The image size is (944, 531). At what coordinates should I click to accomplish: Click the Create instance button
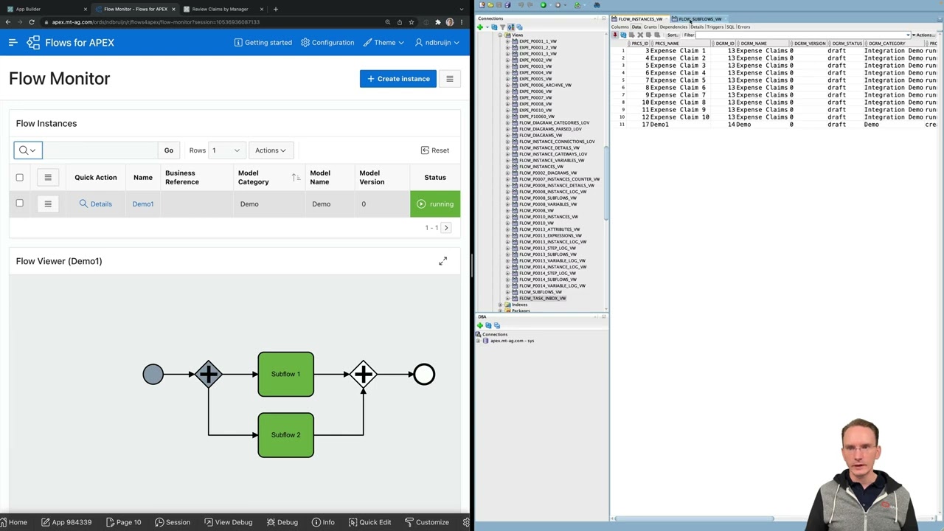(398, 79)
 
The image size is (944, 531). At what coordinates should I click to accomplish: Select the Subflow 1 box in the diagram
(285, 374)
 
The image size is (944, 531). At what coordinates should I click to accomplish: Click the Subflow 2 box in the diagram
(285, 435)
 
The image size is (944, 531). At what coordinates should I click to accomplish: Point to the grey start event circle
(153, 375)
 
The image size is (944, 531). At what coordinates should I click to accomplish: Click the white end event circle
(424, 375)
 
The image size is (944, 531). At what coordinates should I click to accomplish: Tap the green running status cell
(435, 204)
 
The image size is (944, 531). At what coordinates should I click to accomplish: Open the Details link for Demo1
(96, 204)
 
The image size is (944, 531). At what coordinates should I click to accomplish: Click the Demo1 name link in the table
(143, 204)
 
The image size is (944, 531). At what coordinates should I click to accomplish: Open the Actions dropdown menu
(270, 150)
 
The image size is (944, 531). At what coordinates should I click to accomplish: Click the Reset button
(435, 150)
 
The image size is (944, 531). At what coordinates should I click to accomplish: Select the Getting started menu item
(263, 43)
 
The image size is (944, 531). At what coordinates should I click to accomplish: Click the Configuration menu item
(327, 43)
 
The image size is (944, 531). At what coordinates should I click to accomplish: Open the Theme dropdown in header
(383, 43)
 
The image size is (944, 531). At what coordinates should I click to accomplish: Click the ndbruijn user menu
(437, 43)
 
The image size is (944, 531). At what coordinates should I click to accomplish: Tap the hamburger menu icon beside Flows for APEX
(13, 43)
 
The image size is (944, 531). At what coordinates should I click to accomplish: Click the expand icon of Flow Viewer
(442, 261)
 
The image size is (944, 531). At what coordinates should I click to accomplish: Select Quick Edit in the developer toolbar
(369, 522)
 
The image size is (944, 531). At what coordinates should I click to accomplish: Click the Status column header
(435, 178)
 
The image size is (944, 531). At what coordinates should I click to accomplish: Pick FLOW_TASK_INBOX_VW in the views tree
(542, 299)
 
